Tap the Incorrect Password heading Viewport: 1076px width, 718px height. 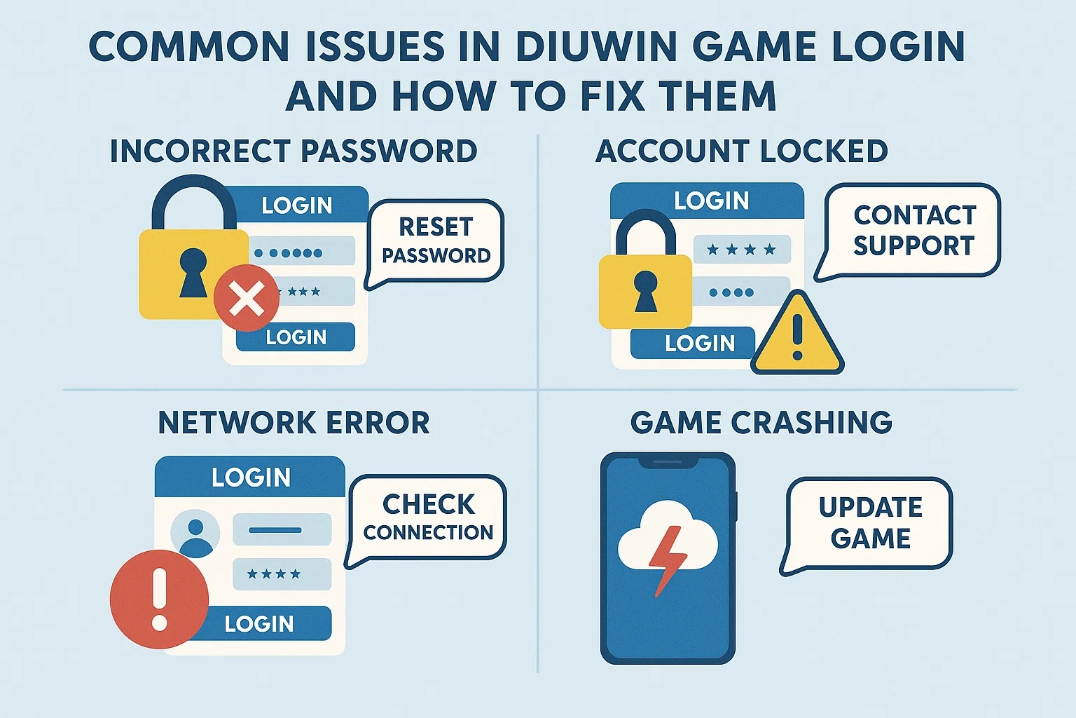tap(294, 151)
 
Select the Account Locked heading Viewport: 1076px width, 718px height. tap(741, 151)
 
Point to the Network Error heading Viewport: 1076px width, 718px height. tap(294, 423)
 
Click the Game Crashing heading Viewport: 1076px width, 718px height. tap(761, 423)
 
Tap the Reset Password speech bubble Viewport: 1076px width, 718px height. tap(436, 241)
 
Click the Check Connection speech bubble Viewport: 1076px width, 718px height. tap(428, 517)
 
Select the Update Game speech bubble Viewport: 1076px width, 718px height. tap(870, 523)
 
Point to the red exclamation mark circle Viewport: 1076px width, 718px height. tap(159, 598)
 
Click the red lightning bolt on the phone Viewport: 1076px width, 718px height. tap(665, 560)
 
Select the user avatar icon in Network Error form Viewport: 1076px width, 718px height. tap(195, 534)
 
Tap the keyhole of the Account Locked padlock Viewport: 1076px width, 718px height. tap(645, 292)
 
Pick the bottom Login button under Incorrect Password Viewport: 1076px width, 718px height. tap(296, 337)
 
